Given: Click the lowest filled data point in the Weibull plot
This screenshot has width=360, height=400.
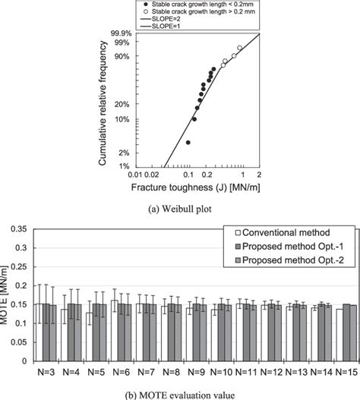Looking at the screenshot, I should coord(188,142).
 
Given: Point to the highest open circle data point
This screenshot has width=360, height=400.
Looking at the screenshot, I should coord(239,48).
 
